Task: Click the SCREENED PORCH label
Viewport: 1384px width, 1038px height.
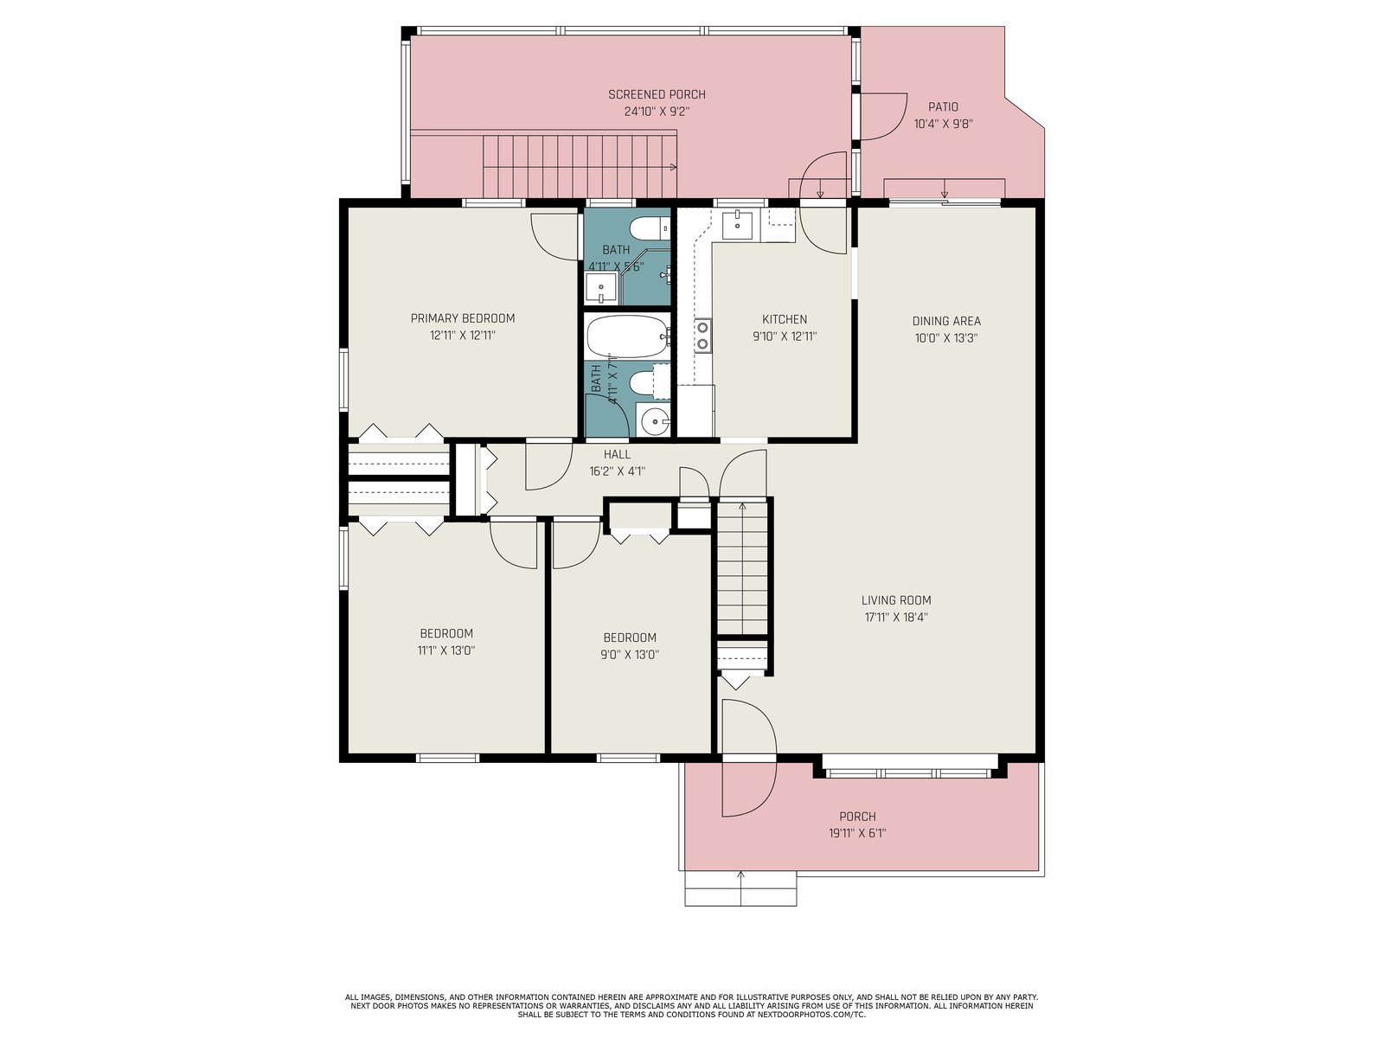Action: (657, 94)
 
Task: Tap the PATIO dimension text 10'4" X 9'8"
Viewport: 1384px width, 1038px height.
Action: (943, 124)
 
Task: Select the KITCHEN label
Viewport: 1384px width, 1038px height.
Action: (785, 319)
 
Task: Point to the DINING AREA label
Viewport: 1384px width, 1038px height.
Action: (945, 321)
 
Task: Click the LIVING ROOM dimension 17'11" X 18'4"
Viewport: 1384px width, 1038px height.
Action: (896, 617)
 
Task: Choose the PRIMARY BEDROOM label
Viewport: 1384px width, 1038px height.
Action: (463, 318)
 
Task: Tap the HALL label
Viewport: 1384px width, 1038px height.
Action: (617, 454)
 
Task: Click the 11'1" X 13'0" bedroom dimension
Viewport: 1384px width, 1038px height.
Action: (446, 650)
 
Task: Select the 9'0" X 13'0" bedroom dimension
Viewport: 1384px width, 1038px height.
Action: (629, 654)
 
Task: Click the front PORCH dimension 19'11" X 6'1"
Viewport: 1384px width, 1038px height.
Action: (857, 833)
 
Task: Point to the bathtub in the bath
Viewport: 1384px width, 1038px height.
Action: (628, 336)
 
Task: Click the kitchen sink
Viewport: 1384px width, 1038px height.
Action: (737, 225)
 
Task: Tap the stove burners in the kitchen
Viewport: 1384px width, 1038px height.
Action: (702, 335)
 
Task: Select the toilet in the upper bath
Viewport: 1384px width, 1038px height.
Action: (650, 228)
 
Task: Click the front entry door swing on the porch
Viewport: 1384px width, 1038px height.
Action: (749, 790)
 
